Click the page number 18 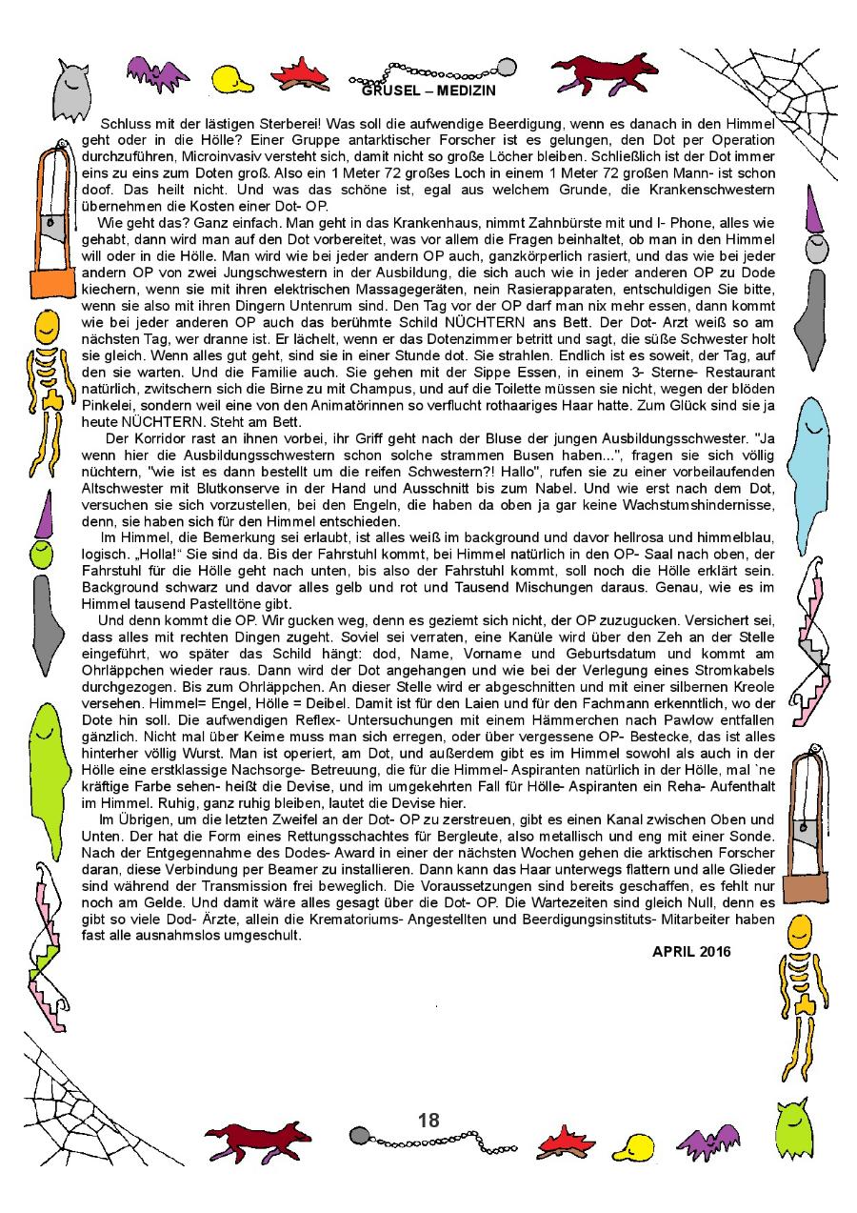pyautogui.click(x=428, y=1120)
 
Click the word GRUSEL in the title pyautogui.click(x=390, y=91)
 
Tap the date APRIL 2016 pyautogui.click(x=692, y=951)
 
